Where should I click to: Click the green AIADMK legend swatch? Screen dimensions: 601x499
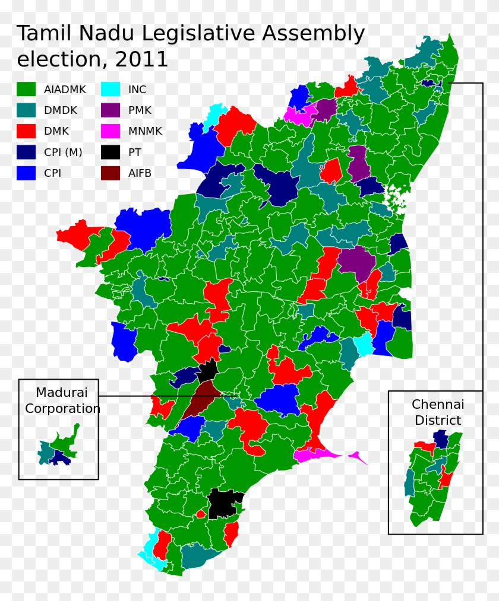pos(26,90)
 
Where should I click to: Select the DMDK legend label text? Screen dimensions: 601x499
pos(60,110)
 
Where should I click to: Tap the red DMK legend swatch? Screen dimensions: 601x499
pos(26,131)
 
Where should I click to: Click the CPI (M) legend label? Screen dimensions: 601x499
pos(63,152)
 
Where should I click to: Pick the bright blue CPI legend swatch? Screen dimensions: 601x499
pos(26,173)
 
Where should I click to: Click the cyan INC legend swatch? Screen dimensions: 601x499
pos(110,90)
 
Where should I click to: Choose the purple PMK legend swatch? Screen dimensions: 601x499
pos(110,110)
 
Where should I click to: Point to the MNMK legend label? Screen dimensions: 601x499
pos(145,131)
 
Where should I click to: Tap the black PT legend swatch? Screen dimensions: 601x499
pos(110,152)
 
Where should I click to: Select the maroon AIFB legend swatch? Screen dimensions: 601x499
pos(110,173)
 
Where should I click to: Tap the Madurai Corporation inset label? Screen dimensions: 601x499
pos(62,400)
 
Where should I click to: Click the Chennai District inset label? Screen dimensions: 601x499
pos(437,412)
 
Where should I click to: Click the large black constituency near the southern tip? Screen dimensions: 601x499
pos(225,504)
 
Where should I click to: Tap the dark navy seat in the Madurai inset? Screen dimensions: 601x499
pos(59,456)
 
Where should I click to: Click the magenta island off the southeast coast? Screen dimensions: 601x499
pos(358,457)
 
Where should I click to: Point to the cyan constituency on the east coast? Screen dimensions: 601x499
pos(363,344)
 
